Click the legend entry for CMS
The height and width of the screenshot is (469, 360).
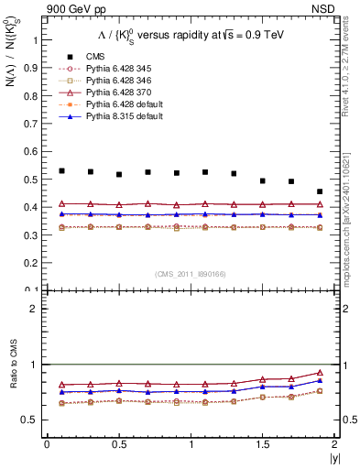tap(96, 57)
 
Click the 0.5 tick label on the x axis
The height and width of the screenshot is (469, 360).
tap(119, 443)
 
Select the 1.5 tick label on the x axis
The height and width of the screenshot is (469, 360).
tap(263, 443)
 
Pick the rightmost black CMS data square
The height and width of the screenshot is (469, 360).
tap(320, 191)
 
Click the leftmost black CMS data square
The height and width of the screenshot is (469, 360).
tap(61, 170)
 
